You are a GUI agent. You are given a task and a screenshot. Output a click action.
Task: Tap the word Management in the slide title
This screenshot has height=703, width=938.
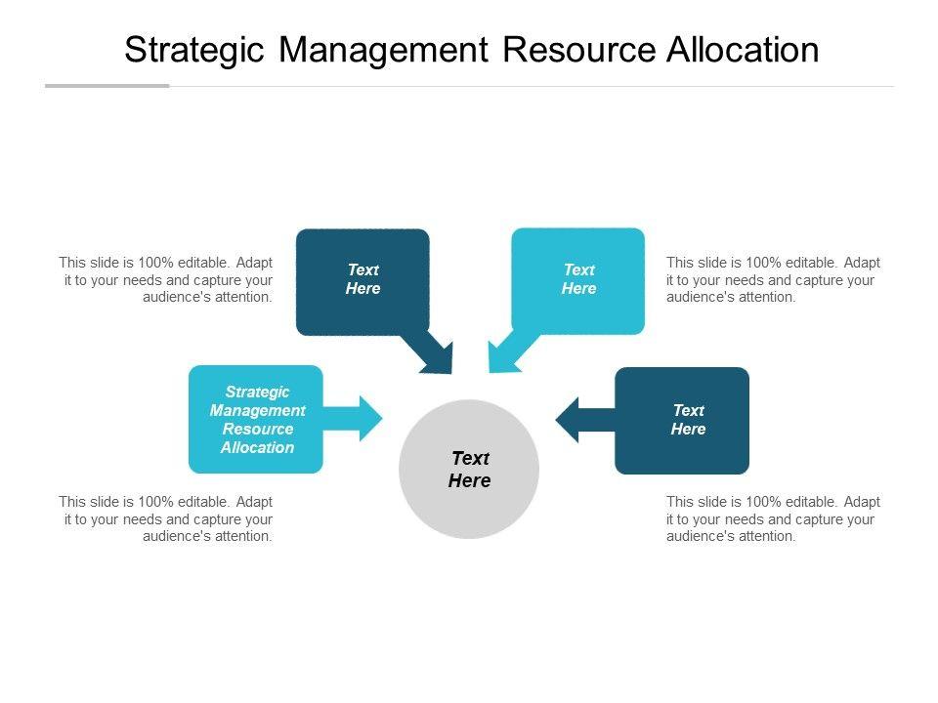tap(385, 50)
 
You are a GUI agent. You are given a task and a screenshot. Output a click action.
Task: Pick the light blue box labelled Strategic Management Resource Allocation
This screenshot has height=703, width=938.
tap(255, 419)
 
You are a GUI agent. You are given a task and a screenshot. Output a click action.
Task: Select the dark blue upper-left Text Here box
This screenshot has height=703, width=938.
tap(362, 281)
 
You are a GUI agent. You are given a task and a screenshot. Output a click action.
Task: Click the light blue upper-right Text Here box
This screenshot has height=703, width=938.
tap(578, 281)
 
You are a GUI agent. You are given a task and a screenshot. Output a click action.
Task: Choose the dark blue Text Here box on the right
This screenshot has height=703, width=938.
tap(682, 420)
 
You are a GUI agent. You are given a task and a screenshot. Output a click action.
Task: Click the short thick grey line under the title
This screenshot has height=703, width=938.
tap(107, 86)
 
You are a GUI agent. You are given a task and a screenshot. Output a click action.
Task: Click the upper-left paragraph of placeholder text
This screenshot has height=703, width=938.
tap(166, 279)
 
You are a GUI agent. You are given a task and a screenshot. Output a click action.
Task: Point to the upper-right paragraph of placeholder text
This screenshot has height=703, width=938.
tap(773, 279)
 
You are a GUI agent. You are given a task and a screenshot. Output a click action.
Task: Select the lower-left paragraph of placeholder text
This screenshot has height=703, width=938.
tap(166, 518)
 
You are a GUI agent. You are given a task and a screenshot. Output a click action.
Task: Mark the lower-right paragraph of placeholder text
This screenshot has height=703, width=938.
tap(773, 518)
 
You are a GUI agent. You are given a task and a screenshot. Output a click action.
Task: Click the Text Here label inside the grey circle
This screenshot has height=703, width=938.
tap(469, 470)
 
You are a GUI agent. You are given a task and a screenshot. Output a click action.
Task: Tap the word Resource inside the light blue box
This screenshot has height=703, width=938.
tap(258, 429)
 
